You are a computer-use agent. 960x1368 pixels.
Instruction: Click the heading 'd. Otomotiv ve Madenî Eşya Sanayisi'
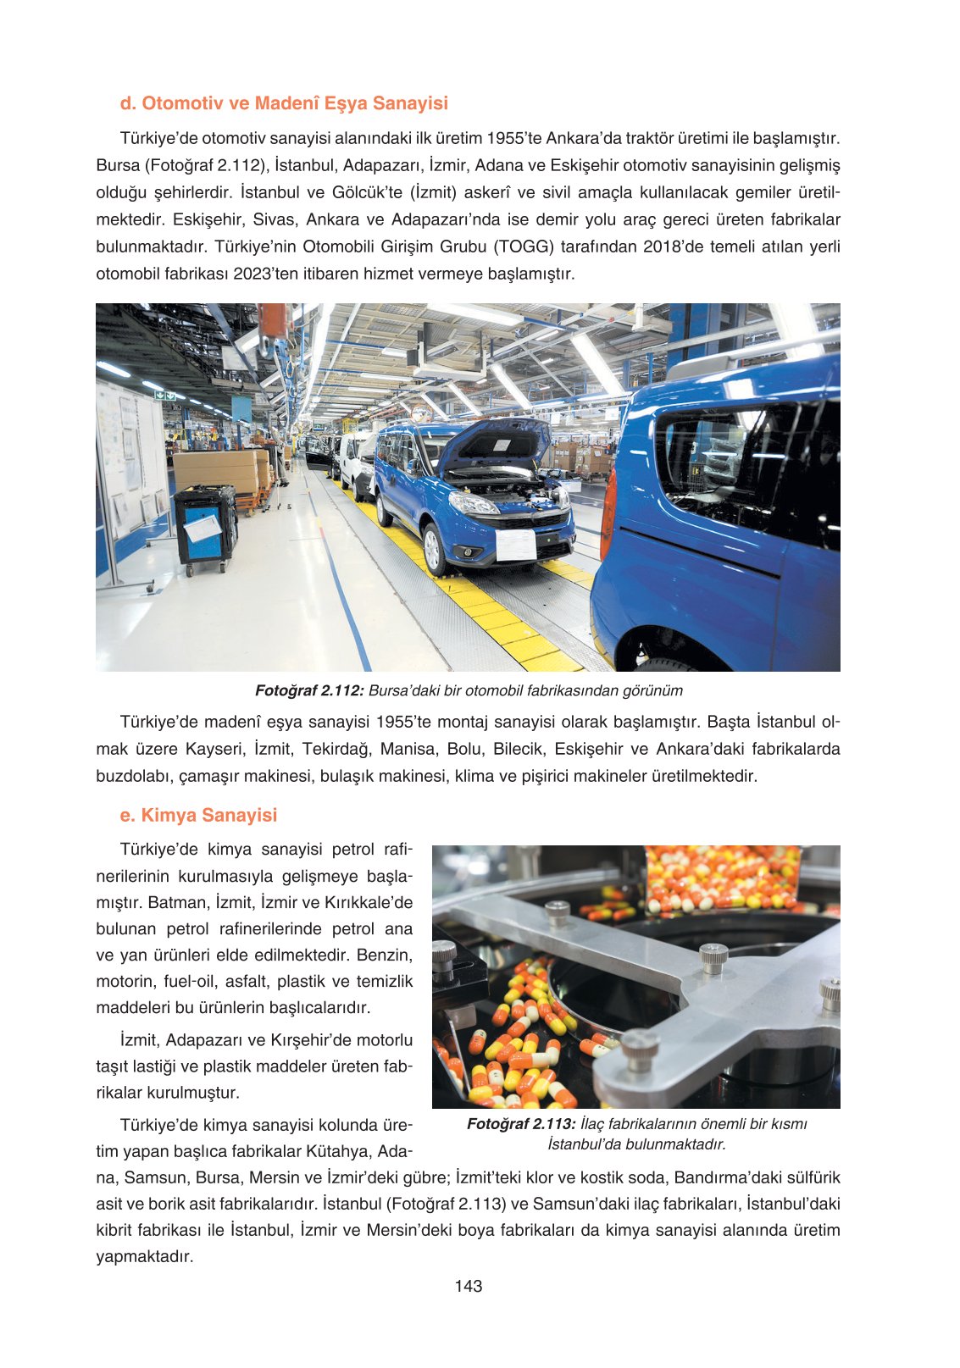[284, 103]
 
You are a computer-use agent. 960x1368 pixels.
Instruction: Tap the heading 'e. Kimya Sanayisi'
[198, 815]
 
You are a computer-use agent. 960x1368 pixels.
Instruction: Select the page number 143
[468, 1286]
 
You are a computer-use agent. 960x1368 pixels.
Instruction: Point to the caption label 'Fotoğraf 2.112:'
[309, 690]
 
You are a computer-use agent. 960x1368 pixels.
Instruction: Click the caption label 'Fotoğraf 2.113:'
[521, 1124]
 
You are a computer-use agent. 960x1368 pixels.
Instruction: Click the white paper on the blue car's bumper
[515, 545]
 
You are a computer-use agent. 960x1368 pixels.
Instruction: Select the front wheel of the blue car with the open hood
[435, 548]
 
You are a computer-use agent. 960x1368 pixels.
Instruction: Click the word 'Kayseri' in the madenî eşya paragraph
[214, 749]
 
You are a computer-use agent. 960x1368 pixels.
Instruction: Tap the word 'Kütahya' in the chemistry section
[343, 1151]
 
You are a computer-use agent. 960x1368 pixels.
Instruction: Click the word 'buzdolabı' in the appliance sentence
[132, 776]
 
